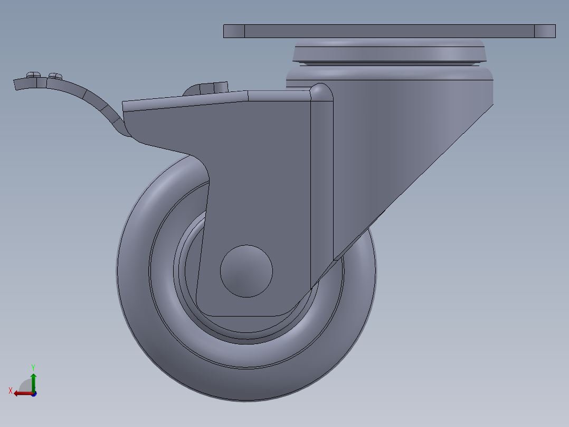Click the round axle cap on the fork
(x=246, y=271)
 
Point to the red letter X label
(x=11, y=391)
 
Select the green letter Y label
(x=33, y=366)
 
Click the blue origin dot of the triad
(x=33, y=394)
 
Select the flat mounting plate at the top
(x=389, y=31)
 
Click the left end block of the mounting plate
(x=234, y=31)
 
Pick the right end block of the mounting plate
(x=545, y=31)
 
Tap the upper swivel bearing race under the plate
(x=389, y=52)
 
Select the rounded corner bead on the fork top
(x=320, y=92)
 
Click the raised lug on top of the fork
(x=208, y=88)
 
